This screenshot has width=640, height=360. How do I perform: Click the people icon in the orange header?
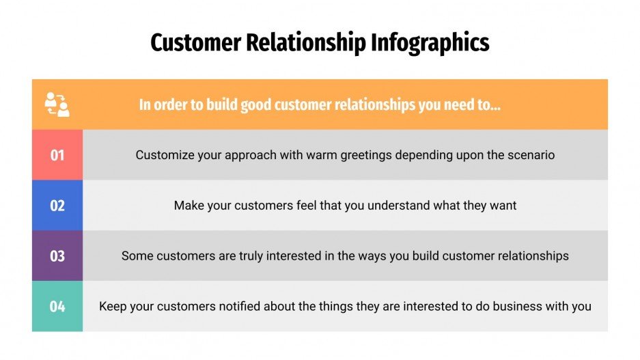[x=57, y=105]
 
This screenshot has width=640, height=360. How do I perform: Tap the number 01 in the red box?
[x=57, y=155]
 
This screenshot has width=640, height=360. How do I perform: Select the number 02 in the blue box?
[x=57, y=206]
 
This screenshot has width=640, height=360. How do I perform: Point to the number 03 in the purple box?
[x=57, y=256]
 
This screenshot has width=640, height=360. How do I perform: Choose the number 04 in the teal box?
[x=57, y=307]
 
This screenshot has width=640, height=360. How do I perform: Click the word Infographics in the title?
[x=430, y=43]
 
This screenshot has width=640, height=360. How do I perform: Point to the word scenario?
[x=531, y=155]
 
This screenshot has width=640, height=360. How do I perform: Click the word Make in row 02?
[x=188, y=206]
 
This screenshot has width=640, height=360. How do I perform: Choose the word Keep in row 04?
[x=113, y=307]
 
